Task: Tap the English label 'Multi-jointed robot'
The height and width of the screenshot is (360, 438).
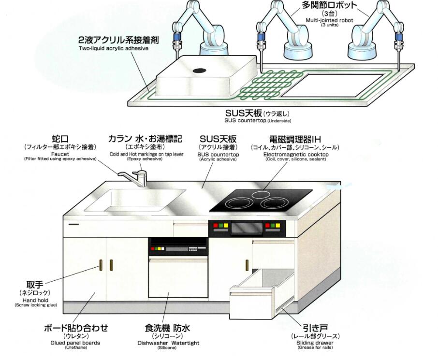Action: click(329, 20)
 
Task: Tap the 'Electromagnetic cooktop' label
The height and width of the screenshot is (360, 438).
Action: click(295, 154)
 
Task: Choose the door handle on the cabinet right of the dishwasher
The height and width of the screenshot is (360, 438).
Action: click(247, 265)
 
